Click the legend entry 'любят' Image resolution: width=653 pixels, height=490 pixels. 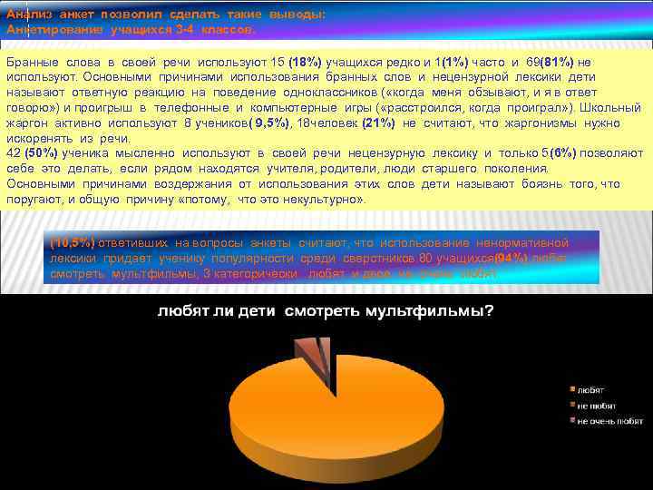tap(590, 389)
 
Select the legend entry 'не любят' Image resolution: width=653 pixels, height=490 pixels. tap(597, 406)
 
